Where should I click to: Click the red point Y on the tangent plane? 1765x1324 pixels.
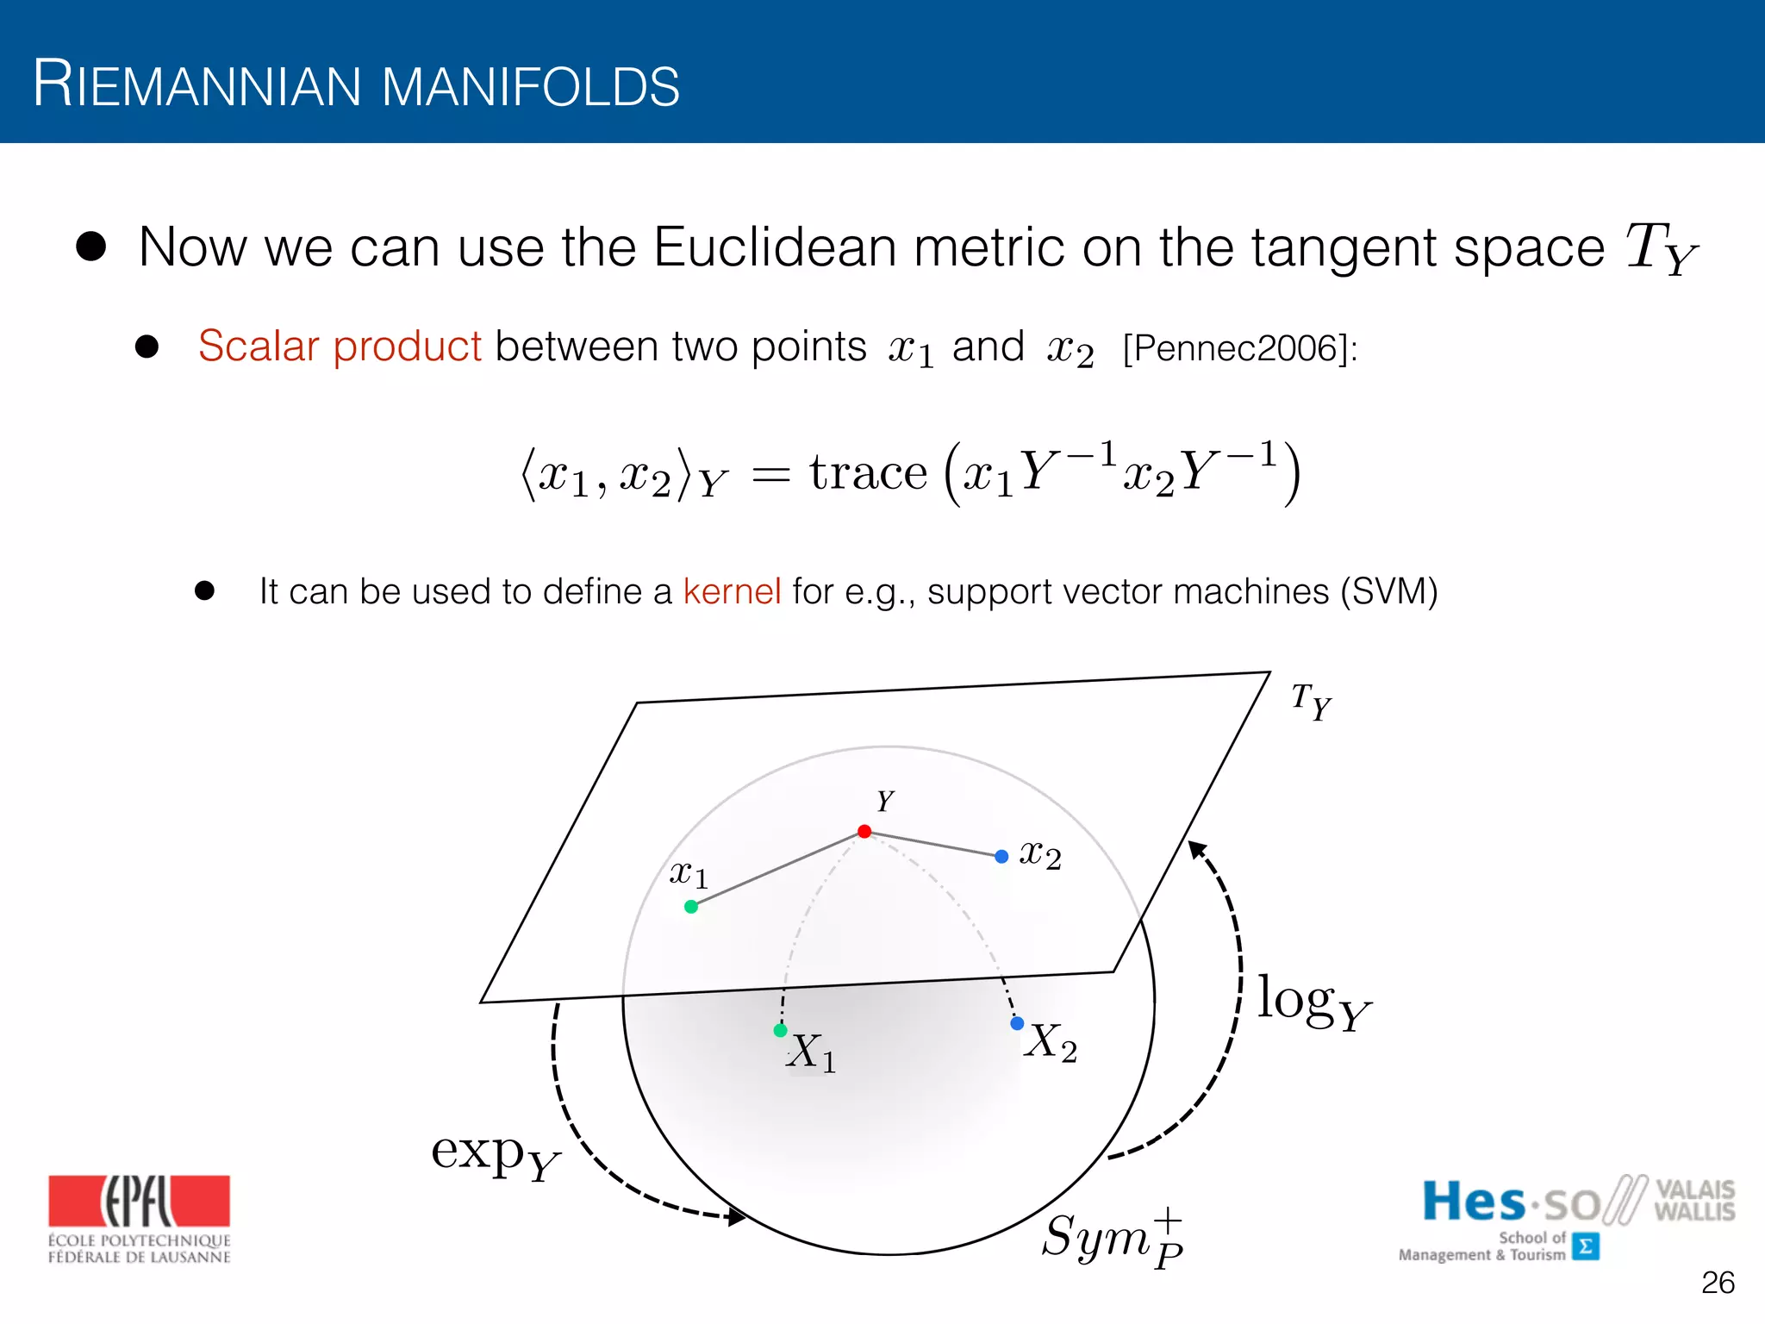coord(864,832)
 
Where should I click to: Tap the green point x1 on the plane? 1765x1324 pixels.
coord(691,907)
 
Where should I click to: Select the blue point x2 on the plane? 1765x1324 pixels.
coord(1001,857)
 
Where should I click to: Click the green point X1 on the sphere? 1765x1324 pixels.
coord(781,1030)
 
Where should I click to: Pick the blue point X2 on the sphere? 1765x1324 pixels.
coord(1017,1023)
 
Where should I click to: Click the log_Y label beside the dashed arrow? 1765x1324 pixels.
coord(1312,1002)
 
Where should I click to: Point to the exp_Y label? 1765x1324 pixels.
coord(495,1155)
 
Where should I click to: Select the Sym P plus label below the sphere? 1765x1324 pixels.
coord(1112,1238)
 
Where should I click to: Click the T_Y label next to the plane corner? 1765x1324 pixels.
coord(1311,702)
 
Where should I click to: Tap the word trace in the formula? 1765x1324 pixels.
coord(868,473)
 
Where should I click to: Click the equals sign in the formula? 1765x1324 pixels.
coord(770,475)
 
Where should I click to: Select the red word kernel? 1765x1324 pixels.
coord(732,592)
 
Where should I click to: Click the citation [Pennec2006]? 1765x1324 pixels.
coord(1239,348)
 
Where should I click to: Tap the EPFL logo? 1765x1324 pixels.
coord(140,1218)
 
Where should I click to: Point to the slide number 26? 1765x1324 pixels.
coord(1718,1283)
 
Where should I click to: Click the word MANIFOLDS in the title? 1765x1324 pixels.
coord(530,87)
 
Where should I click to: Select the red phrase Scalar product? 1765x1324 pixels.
coord(340,347)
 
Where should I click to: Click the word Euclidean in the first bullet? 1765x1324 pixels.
coord(775,247)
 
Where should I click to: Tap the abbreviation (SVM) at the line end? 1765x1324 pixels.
coord(1388,592)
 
